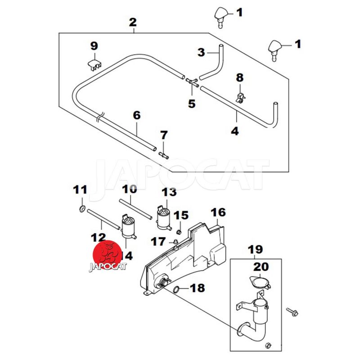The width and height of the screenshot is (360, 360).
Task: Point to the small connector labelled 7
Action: click(x=163, y=154)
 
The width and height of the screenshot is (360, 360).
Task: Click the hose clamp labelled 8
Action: click(x=239, y=96)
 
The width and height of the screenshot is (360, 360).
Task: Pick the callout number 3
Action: click(x=201, y=53)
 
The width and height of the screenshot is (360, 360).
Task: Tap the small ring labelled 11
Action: click(x=82, y=208)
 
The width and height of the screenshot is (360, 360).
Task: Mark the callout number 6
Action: click(x=137, y=115)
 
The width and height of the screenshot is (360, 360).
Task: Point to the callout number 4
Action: click(x=235, y=131)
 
